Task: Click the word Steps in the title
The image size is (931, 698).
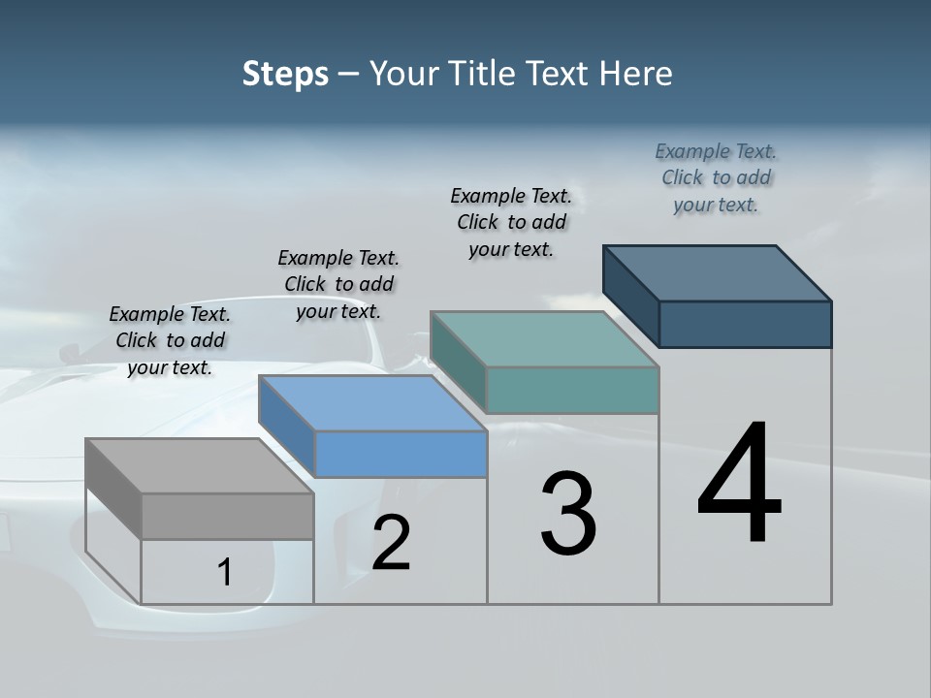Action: point(285,74)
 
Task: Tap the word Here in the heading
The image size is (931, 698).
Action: point(636,74)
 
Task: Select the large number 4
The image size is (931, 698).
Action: point(739,485)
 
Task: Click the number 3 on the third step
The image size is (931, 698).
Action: point(568,514)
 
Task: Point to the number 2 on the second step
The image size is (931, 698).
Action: point(391,543)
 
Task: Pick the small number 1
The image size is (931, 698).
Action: point(225,573)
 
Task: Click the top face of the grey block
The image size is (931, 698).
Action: point(199,465)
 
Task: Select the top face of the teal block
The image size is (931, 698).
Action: point(544,339)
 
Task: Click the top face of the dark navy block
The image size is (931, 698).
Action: point(717,273)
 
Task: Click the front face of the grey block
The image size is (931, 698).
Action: point(227,516)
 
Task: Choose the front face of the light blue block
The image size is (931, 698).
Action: point(401,454)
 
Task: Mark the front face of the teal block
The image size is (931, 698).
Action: point(572,390)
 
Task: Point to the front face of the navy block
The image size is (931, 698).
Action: point(745,324)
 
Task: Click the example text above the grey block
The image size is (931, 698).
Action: point(170,341)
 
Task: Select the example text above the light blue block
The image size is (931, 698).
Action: point(338,285)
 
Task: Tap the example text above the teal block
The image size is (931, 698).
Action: point(511,222)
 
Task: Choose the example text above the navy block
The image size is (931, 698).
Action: point(716,178)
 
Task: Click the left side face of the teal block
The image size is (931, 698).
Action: point(458,361)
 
